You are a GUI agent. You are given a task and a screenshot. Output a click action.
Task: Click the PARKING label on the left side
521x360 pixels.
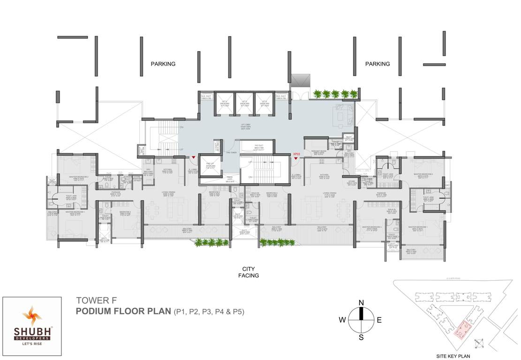click(163, 64)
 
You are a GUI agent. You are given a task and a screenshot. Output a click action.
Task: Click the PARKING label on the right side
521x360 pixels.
click(378, 64)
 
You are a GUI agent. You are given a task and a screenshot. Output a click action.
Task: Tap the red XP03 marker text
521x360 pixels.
click(296, 154)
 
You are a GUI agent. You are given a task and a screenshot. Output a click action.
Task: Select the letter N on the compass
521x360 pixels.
click(361, 303)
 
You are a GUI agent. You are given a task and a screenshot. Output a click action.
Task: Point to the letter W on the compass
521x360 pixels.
click(343, 320)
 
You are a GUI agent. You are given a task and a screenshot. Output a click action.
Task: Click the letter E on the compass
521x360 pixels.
click(379, 320)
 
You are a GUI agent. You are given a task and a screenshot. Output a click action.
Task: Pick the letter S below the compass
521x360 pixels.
click(361, 337)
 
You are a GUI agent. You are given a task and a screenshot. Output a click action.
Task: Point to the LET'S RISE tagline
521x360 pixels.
click(33, 344)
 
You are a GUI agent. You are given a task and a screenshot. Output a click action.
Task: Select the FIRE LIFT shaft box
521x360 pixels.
click(210, 167)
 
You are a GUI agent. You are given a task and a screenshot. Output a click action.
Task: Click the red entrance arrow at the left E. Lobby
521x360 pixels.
click(193, 157)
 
